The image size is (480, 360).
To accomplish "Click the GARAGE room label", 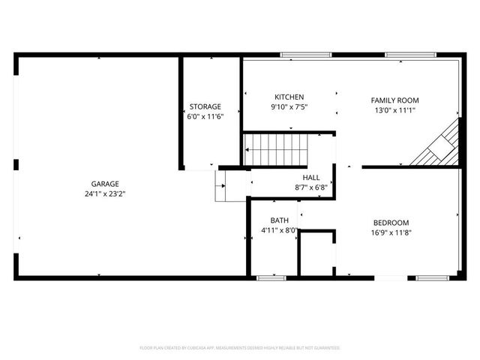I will [105, 184].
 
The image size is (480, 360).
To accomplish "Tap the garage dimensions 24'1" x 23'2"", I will [105, 193].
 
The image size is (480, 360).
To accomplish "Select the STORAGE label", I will [205, 106].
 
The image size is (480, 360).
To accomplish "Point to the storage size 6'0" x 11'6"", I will [205, 116].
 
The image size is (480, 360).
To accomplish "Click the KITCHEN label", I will [289, 97].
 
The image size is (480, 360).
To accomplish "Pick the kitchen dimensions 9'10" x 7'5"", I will [289, 107].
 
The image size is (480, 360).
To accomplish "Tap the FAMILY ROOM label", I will [395, 100].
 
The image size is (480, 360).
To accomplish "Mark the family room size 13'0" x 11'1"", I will [395, 110].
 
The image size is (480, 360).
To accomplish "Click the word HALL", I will [310, 177].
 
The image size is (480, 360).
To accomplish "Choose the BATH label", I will [280, 220].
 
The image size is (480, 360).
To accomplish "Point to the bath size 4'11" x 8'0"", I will [280, 230].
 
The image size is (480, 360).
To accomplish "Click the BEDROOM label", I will [391, 223].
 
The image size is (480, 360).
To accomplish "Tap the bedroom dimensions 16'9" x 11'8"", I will [391, 232].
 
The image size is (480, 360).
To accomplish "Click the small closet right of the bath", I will [316, 255].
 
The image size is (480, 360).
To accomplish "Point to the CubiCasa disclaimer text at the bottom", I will [240, 348].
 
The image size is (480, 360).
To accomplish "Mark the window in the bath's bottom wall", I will [267, 278].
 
